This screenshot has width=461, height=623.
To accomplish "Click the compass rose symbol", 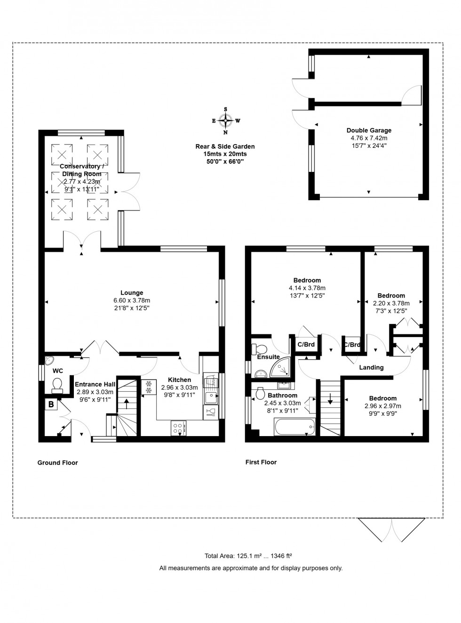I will (226, 121).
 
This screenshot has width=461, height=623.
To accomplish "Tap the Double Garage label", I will (369, 130).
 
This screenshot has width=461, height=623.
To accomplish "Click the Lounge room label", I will (132, 293).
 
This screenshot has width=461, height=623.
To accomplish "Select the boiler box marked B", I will (51, 405).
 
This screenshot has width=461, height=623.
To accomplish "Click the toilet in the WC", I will (57, 385).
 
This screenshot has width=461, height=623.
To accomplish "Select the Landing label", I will (371, 367).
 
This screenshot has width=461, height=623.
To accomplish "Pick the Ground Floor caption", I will (57, 463).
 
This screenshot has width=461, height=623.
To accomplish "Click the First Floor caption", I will (261, 462).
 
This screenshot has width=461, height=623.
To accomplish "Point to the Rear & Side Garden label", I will (225, 146).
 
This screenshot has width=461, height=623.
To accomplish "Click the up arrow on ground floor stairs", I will (126, 404).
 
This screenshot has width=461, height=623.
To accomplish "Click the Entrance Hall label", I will (95, 384).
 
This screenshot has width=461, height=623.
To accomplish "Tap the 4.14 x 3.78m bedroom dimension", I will (307, 288).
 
